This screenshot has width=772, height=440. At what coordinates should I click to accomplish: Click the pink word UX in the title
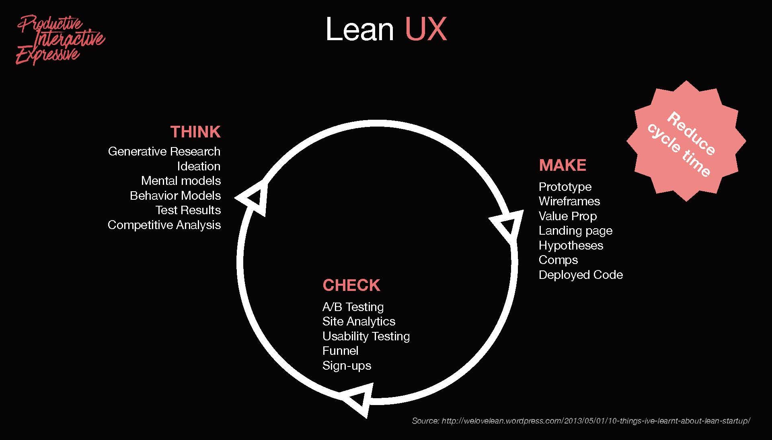[x=426, y=29]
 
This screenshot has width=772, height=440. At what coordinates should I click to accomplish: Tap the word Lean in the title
[x=359, y=29]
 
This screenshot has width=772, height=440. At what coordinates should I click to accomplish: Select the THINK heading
[x=195, y=132]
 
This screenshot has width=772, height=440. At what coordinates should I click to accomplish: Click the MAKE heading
[x=562, y=165]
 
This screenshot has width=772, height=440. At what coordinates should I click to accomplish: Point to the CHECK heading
[x=351, y=285]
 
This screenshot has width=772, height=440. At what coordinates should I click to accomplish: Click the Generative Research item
[x=164, y=151]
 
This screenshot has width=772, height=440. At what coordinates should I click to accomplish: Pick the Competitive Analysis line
[x=164, y=225]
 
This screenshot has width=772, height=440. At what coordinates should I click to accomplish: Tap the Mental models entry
[x=181, y=181]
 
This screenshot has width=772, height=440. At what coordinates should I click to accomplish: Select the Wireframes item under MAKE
[x=569, y=201]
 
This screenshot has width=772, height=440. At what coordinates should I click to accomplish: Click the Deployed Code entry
[x=581, y=275]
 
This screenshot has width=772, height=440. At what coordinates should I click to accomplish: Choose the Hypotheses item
[x=571, y=246]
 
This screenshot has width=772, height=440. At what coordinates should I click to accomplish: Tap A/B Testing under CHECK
[x=353, y=307]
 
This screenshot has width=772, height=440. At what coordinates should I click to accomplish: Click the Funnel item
[x=340, y=351]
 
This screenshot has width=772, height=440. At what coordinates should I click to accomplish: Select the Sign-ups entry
[x=347, y=366]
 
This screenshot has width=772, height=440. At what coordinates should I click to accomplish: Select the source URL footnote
[x=581, y=421]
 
